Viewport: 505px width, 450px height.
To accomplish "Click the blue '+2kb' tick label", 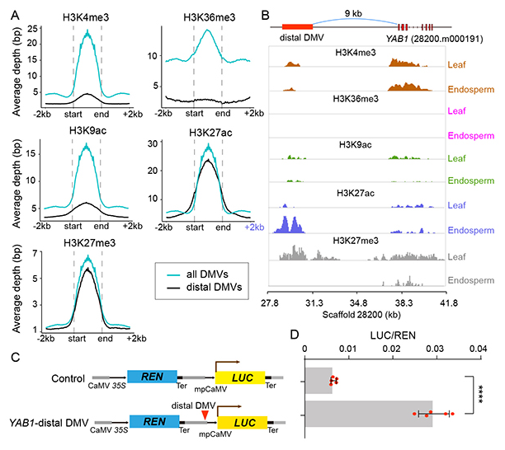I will pos(252,225).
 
